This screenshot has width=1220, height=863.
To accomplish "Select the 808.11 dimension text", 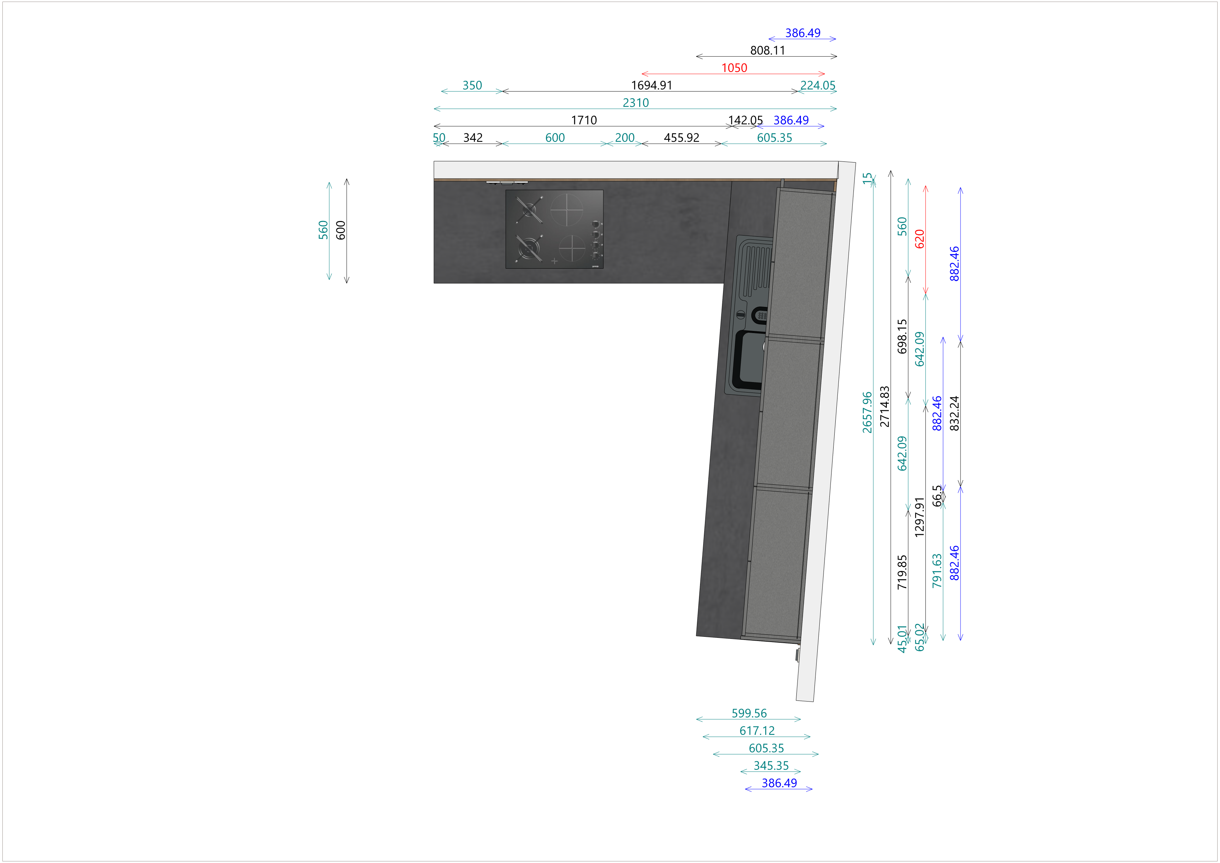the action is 767,50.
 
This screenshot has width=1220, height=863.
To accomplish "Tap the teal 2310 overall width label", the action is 635,103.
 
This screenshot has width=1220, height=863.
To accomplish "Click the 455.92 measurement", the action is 681,138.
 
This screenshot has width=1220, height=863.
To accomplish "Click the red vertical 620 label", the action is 920,239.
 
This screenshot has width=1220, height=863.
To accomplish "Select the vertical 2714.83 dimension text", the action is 884,406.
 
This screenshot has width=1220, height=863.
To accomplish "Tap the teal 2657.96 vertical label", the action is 867,412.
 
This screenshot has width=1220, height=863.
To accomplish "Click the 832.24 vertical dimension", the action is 954,413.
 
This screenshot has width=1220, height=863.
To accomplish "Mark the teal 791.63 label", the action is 937,571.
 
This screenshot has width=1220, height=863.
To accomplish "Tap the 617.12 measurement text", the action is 757,731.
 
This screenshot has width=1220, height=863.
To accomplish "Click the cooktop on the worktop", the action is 554,229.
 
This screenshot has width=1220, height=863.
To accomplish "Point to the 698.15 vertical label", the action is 902,336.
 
